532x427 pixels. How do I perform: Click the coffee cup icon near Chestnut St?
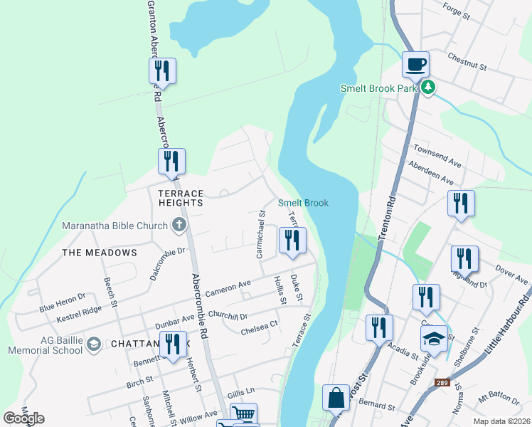click(415, 64)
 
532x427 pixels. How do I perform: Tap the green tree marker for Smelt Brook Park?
click(427, 88)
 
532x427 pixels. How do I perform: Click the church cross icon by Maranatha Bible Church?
click(179, 226)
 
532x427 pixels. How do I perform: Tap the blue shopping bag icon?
click(335, 397)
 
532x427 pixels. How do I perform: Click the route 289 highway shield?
click(442, 383)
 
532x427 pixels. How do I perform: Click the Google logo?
click(23, 418)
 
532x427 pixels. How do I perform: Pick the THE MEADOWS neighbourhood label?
click(99, 253)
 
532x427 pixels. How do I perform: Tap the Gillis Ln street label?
click(241, 391)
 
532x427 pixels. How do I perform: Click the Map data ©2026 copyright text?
click(501, 421)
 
